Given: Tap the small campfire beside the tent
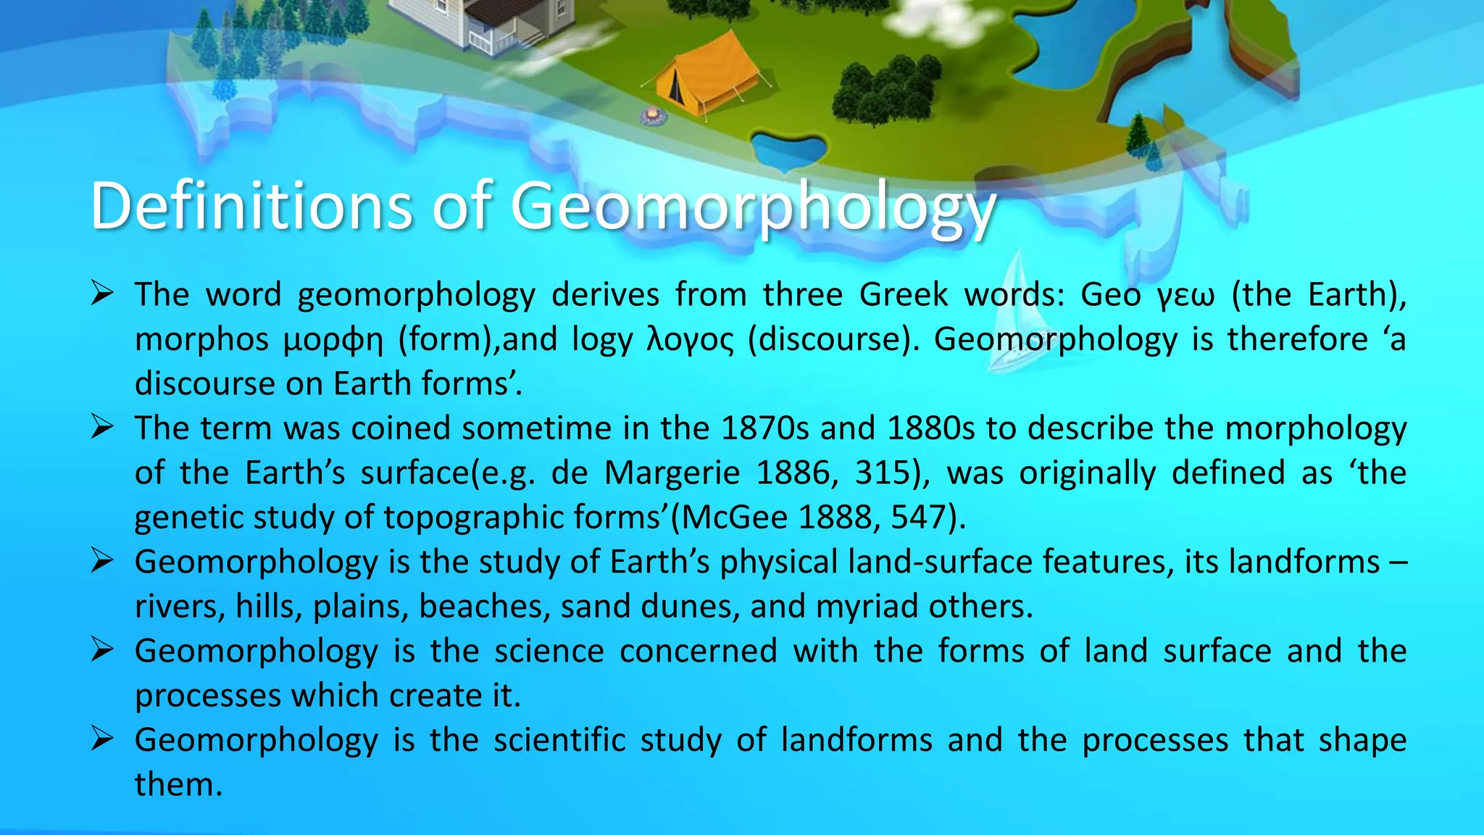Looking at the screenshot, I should (x=653, y=115).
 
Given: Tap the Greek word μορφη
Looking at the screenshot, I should (x=333, y=340).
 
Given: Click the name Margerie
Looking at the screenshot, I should (x=672, y=473).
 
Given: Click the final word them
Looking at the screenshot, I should (x=178, y=785).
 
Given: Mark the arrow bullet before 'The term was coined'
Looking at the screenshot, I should (x=101, y=427).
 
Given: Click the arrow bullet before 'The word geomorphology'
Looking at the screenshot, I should (x=101, y=294).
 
